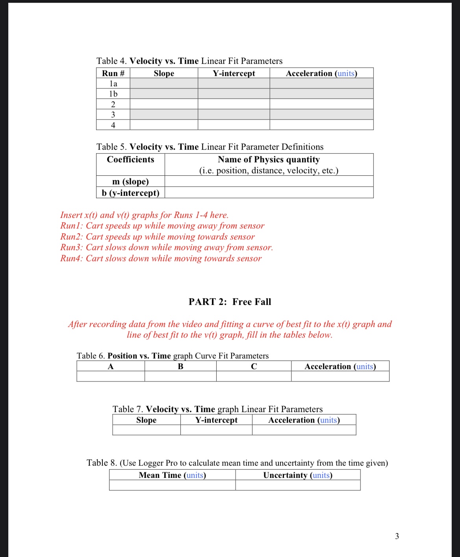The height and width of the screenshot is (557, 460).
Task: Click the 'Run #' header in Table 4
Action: (x=113, y=73)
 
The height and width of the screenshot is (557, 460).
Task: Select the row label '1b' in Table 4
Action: (x=113, y=94)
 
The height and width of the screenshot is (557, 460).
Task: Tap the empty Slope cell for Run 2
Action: (x=164, y=104)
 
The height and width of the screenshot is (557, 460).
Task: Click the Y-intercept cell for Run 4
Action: (x=234, y=125)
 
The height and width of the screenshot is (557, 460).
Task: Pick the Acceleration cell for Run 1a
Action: (x=321, y=84)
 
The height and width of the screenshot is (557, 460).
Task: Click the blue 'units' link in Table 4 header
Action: (x=346, y=73)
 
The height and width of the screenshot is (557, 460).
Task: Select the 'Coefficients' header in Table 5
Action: (x=130, y=160)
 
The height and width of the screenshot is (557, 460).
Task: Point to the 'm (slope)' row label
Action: (x=130, y=181)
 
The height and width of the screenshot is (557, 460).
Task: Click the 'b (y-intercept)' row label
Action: (x=130, y=193)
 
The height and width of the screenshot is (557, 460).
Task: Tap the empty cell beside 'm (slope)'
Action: (x=269, y=181)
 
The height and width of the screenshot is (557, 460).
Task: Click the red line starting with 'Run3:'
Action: (x=166, y=247)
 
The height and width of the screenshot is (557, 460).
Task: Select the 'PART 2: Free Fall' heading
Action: (x=230, y=302)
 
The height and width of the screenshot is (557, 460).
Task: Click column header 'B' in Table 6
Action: (x=180, y=366)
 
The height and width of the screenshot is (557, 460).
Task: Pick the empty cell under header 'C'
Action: (x=254, y=377)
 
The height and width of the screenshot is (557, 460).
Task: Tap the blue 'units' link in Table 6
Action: (x=364, y=366)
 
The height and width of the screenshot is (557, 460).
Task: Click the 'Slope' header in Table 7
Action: (x=146, y=420)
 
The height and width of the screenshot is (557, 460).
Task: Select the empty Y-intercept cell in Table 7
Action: (x=216, y=430)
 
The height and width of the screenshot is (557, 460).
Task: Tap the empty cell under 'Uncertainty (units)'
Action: (x=298, y=485)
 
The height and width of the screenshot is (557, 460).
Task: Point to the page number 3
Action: (x=397, y=536)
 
